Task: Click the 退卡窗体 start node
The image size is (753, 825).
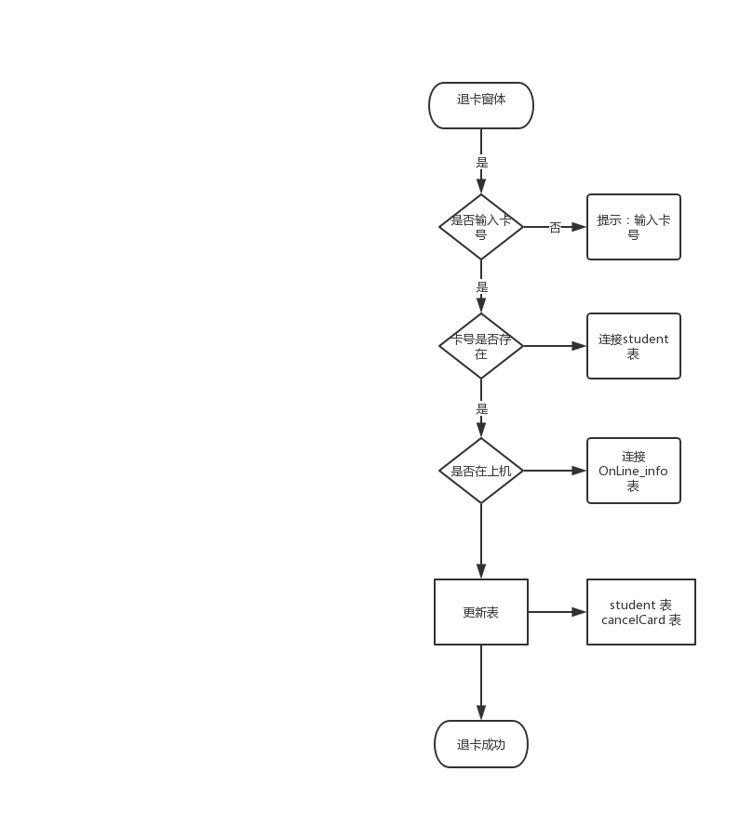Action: (480, 105)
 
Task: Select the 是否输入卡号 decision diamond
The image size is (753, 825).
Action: (480, 226)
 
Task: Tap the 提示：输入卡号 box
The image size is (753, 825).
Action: (633, 226)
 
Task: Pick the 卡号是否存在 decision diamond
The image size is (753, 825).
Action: (480, 345)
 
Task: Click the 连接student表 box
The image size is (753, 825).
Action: (633, 345)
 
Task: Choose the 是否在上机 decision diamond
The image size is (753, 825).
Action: (480, 471)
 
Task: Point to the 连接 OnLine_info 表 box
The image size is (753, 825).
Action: (633, 471)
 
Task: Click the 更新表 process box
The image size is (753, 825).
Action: (480, 612)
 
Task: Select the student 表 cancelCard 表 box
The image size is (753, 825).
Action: (640, 612)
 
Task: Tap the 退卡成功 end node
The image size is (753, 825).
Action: (480, 744)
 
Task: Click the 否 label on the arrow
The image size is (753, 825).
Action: (555, 227)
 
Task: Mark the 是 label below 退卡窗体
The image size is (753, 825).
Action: (481, 162)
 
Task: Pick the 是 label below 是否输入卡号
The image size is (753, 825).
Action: (481, 286)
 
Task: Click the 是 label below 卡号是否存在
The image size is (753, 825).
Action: (481, 407)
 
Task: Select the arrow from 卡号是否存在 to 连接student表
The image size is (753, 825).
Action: (555, 345)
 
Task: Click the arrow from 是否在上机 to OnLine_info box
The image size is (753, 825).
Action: (555, 471)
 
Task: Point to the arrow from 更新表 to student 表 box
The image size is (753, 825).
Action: (557, 612)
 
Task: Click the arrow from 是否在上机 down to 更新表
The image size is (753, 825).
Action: (481, 539)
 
